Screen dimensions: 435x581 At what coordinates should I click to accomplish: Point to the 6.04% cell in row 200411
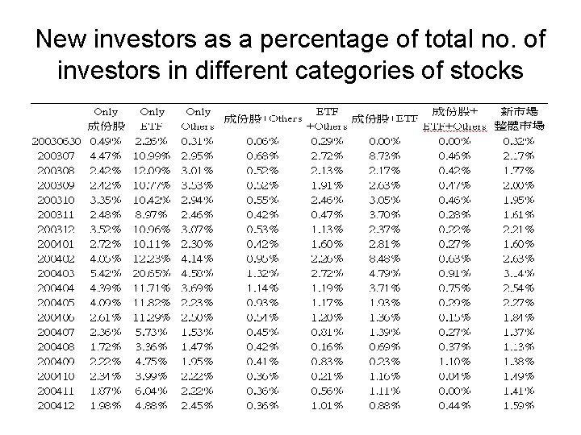153,391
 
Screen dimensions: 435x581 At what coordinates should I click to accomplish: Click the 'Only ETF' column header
153,119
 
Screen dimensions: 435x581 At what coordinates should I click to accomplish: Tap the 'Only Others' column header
199,119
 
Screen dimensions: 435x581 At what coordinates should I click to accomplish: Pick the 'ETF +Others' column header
327,119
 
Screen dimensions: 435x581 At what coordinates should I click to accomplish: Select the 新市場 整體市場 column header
522,119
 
